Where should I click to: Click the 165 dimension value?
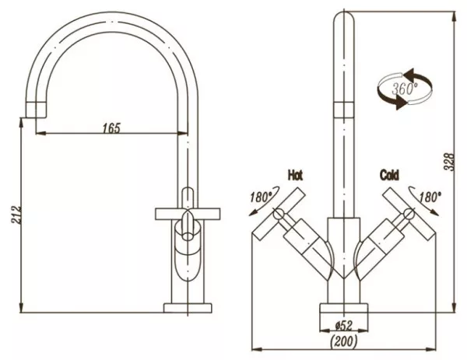[111, 128]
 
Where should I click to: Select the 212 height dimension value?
[16, 215]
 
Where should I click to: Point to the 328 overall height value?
[449, 163]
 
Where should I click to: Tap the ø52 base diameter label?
[344, 326]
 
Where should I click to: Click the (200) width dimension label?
[344, 341]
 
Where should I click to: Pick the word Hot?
[295, 175]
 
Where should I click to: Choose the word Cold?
[389, 175]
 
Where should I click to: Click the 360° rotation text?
[405, 89]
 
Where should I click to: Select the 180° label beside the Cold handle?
[430, 197]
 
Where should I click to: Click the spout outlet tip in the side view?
[37, 110]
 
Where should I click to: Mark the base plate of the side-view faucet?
[188, 308]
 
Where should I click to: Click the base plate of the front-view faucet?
[344, 308]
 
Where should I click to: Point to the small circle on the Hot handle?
[279, 213]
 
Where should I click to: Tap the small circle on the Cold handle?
[409, 213]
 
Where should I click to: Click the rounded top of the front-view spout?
[344, 16]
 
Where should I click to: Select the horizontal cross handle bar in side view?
[188, 215]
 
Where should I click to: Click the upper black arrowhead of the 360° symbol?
[409, 74]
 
